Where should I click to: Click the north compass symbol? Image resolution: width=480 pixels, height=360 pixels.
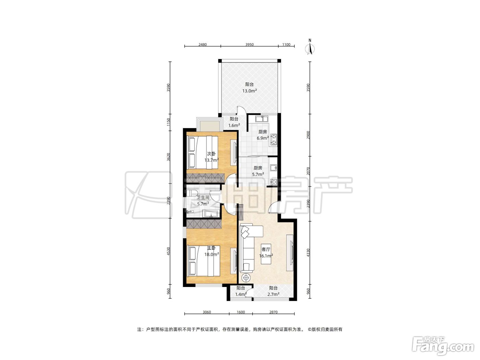(310, 47)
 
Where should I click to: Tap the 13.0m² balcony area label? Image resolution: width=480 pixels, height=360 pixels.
(249, 91)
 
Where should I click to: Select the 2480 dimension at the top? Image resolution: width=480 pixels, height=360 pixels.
(203, 45)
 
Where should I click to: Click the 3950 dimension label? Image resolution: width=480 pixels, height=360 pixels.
(249, 45)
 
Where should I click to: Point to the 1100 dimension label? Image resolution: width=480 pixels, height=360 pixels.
(286, 45)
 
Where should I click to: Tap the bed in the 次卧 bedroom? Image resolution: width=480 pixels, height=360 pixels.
(203, 152)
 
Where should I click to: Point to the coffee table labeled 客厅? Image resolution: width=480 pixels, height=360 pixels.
(266, 254)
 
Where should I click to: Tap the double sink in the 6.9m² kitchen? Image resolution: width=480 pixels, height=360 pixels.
(262, 119)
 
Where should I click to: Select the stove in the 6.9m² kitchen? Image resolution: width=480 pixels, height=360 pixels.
(274, 140)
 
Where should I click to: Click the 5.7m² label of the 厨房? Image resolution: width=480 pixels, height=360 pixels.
(258, 175)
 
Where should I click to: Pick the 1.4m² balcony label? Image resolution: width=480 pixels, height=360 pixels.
(241, 295)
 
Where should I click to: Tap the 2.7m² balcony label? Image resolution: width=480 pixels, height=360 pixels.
(273, 295)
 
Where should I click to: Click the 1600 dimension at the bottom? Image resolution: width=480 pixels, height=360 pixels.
(241, 312)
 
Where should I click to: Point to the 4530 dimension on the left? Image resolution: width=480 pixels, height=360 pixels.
(168, 251)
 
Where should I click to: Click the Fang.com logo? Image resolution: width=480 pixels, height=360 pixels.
(443, 346)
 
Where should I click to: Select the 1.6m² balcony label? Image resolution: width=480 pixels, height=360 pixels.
(234, 125)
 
